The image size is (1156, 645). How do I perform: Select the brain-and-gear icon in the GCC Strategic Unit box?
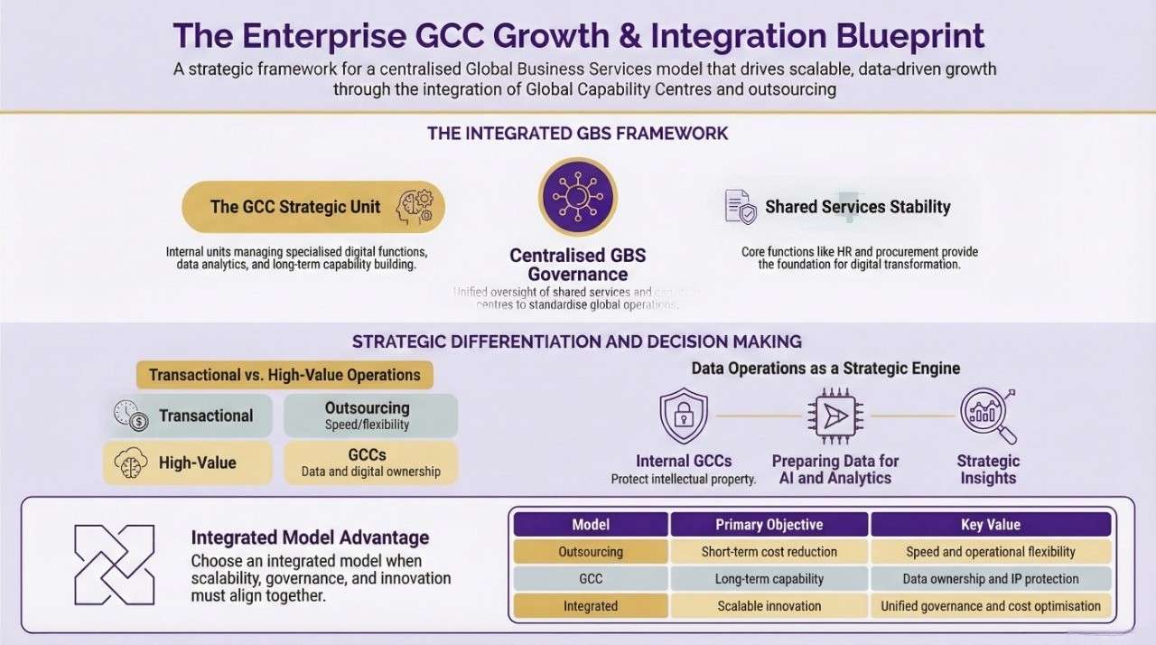click(414, 206)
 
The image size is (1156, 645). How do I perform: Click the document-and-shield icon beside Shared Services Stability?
click(741, 206)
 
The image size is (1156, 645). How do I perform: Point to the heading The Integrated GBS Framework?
click(577, 133)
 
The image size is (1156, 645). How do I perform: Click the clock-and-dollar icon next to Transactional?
click(131, 416)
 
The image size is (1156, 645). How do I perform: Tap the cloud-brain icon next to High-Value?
click(131, 463)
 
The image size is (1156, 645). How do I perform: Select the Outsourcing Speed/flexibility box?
click(370, 416)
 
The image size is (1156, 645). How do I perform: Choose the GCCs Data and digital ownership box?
click(370, 463)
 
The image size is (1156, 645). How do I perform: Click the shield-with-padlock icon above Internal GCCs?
click(684, 416)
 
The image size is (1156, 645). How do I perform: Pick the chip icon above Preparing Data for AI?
click(834, 416)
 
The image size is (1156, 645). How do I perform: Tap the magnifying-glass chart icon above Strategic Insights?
click(987, 416)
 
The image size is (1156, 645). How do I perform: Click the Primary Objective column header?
click(769, 524)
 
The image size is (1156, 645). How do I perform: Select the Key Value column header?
click(990, 524)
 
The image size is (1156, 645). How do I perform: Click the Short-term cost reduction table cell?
click(769, 551)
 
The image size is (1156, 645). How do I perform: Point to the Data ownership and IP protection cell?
click(990, 578)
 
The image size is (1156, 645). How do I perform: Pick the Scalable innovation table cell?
click(769, 606)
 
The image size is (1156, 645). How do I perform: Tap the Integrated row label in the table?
click(591, 606)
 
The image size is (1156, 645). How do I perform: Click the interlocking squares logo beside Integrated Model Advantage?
click(115, 565)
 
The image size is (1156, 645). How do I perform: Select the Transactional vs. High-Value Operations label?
click(284, 375)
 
